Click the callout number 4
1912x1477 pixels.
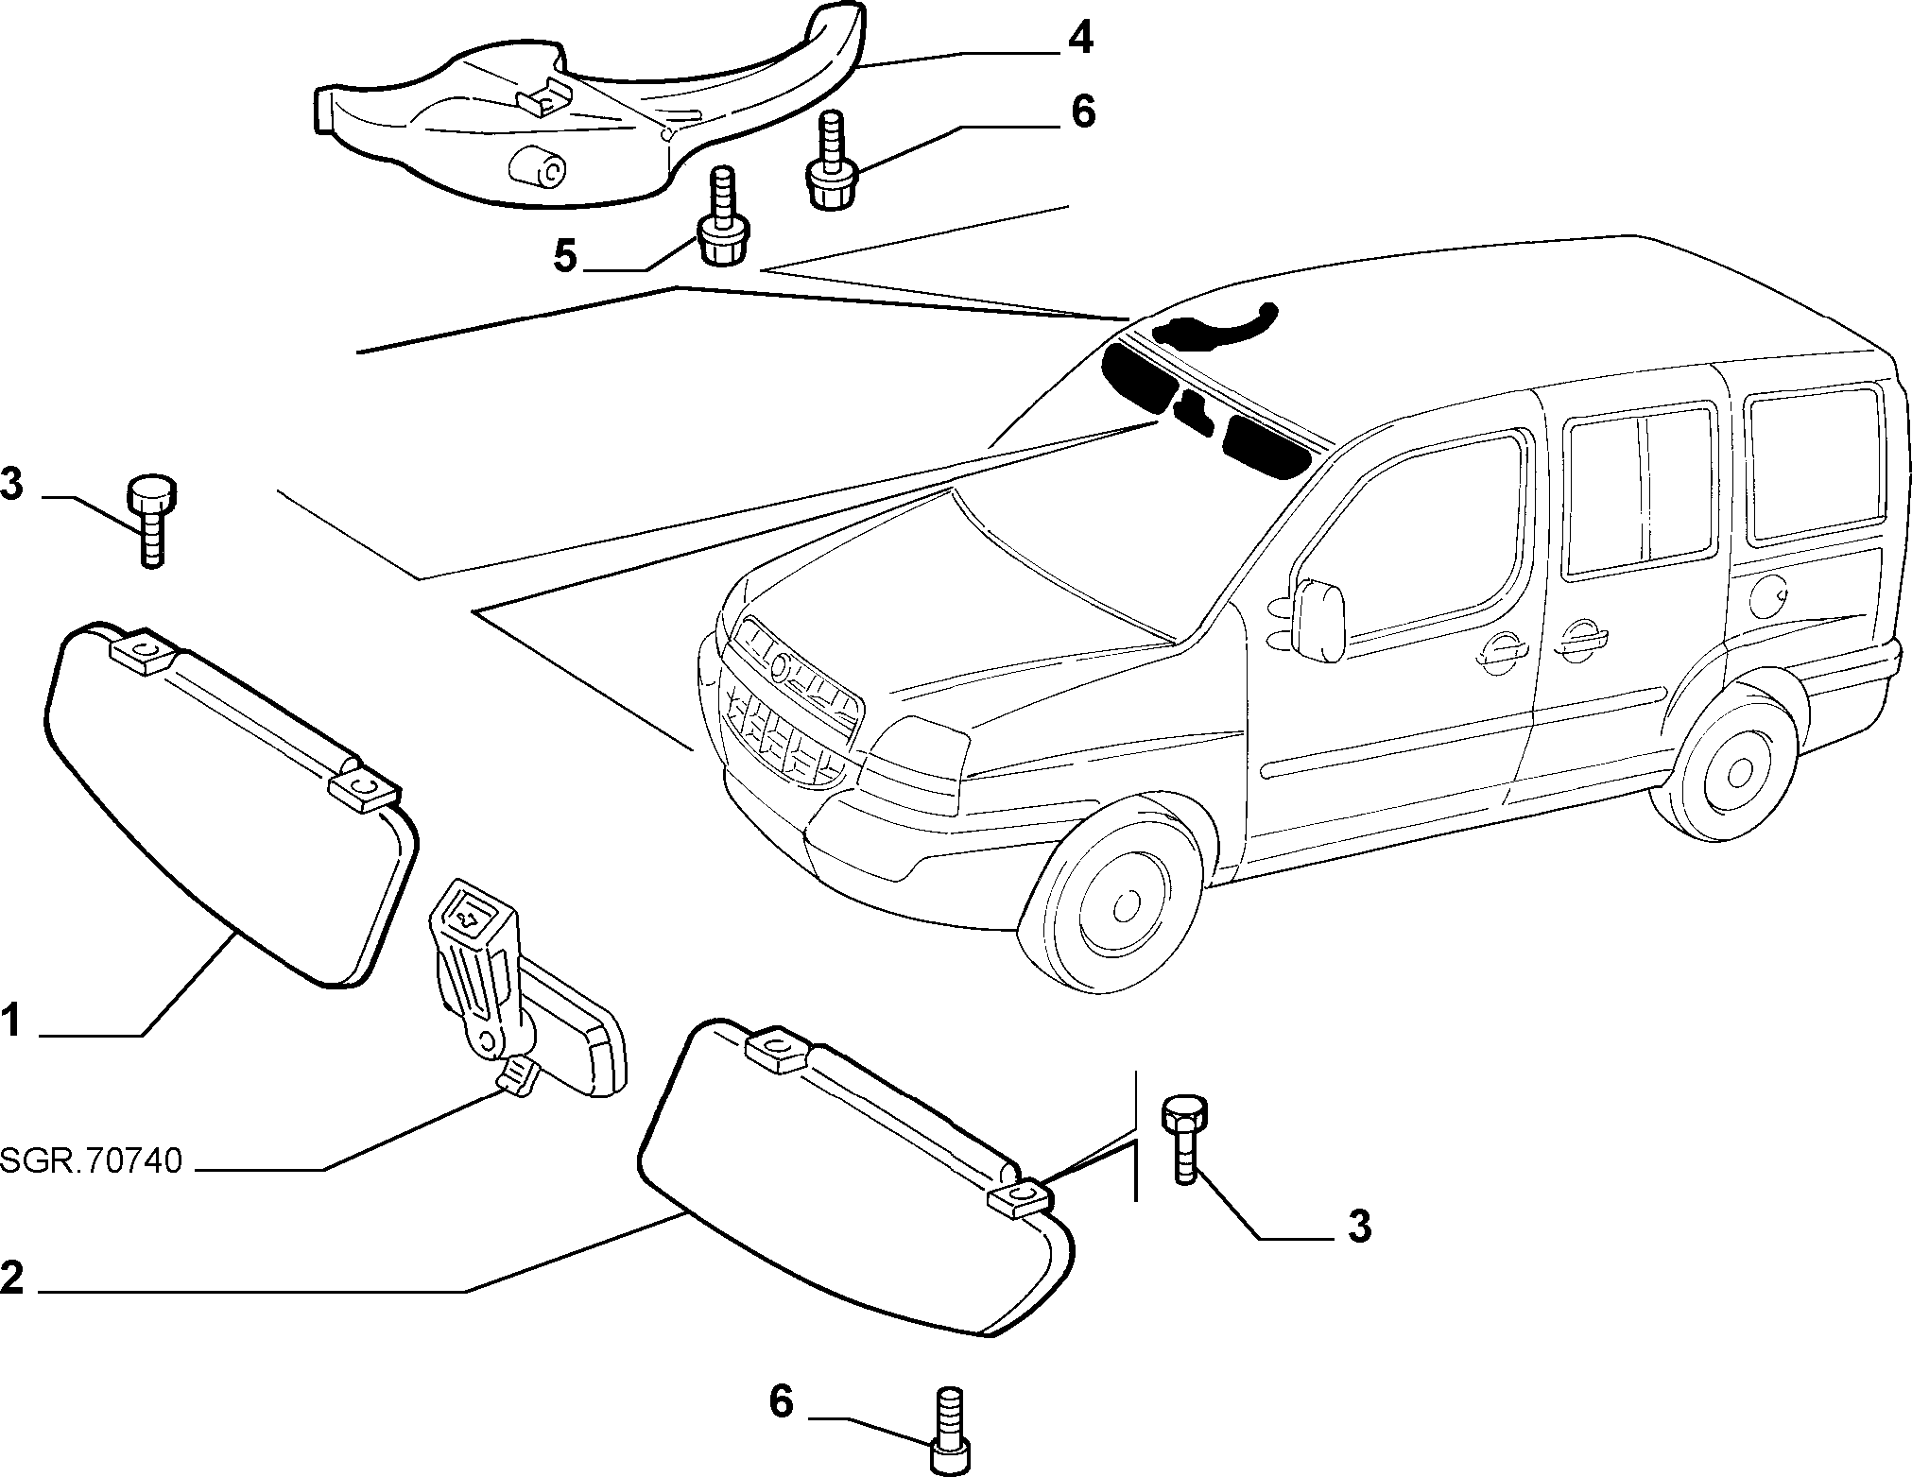[x=1080, y=39]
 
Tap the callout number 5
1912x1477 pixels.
[x=565, y=255]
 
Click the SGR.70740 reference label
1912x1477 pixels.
[x=91, y=1161]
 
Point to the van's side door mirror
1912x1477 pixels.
[x=1319, y=620]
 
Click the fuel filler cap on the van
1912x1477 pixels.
[x=1768, y=595]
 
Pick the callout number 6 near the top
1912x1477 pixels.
[x=1083, y=112]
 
